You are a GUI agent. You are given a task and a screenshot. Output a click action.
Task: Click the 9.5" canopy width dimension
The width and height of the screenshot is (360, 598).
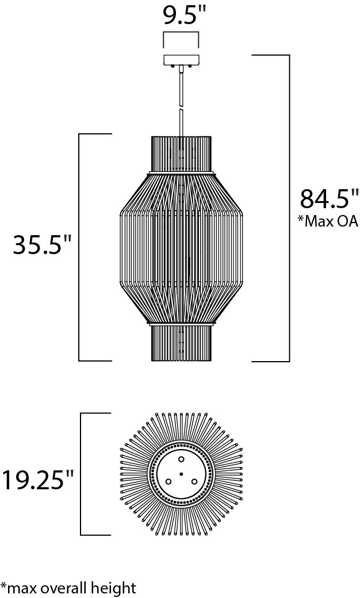click(x=182, y=16)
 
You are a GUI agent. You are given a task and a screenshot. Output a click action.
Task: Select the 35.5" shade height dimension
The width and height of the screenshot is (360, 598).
click(x=43, y=244)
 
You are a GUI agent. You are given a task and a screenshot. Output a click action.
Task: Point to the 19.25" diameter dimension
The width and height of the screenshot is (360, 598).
click(x=37, y=480)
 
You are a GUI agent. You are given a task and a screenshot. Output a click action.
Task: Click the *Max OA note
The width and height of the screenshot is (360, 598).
click(x=328, y=221)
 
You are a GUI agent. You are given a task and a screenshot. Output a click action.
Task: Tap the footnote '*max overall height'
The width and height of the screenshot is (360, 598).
click(x=68, y=588)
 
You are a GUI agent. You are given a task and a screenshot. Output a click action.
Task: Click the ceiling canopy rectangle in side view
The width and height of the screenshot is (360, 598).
click(x=181, y=60)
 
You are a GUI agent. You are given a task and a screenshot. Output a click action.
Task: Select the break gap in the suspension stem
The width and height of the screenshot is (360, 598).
click(x=181, y=107)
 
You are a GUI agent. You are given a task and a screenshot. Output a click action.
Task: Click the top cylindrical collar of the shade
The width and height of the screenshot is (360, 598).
click(x=181, y=154)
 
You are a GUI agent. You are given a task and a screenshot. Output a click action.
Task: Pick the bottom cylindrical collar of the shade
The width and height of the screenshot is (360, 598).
click(x=181, y=343)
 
